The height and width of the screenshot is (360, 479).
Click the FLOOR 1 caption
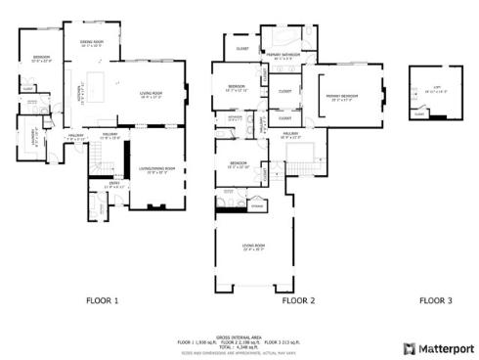[x=102, y=301]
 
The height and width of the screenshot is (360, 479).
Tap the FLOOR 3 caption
[x=435, y=301]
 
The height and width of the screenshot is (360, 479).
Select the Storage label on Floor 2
[x=257, y=206]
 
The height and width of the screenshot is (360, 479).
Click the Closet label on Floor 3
[x=419, y=114]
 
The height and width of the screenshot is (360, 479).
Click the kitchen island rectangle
[x=99, y=78]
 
